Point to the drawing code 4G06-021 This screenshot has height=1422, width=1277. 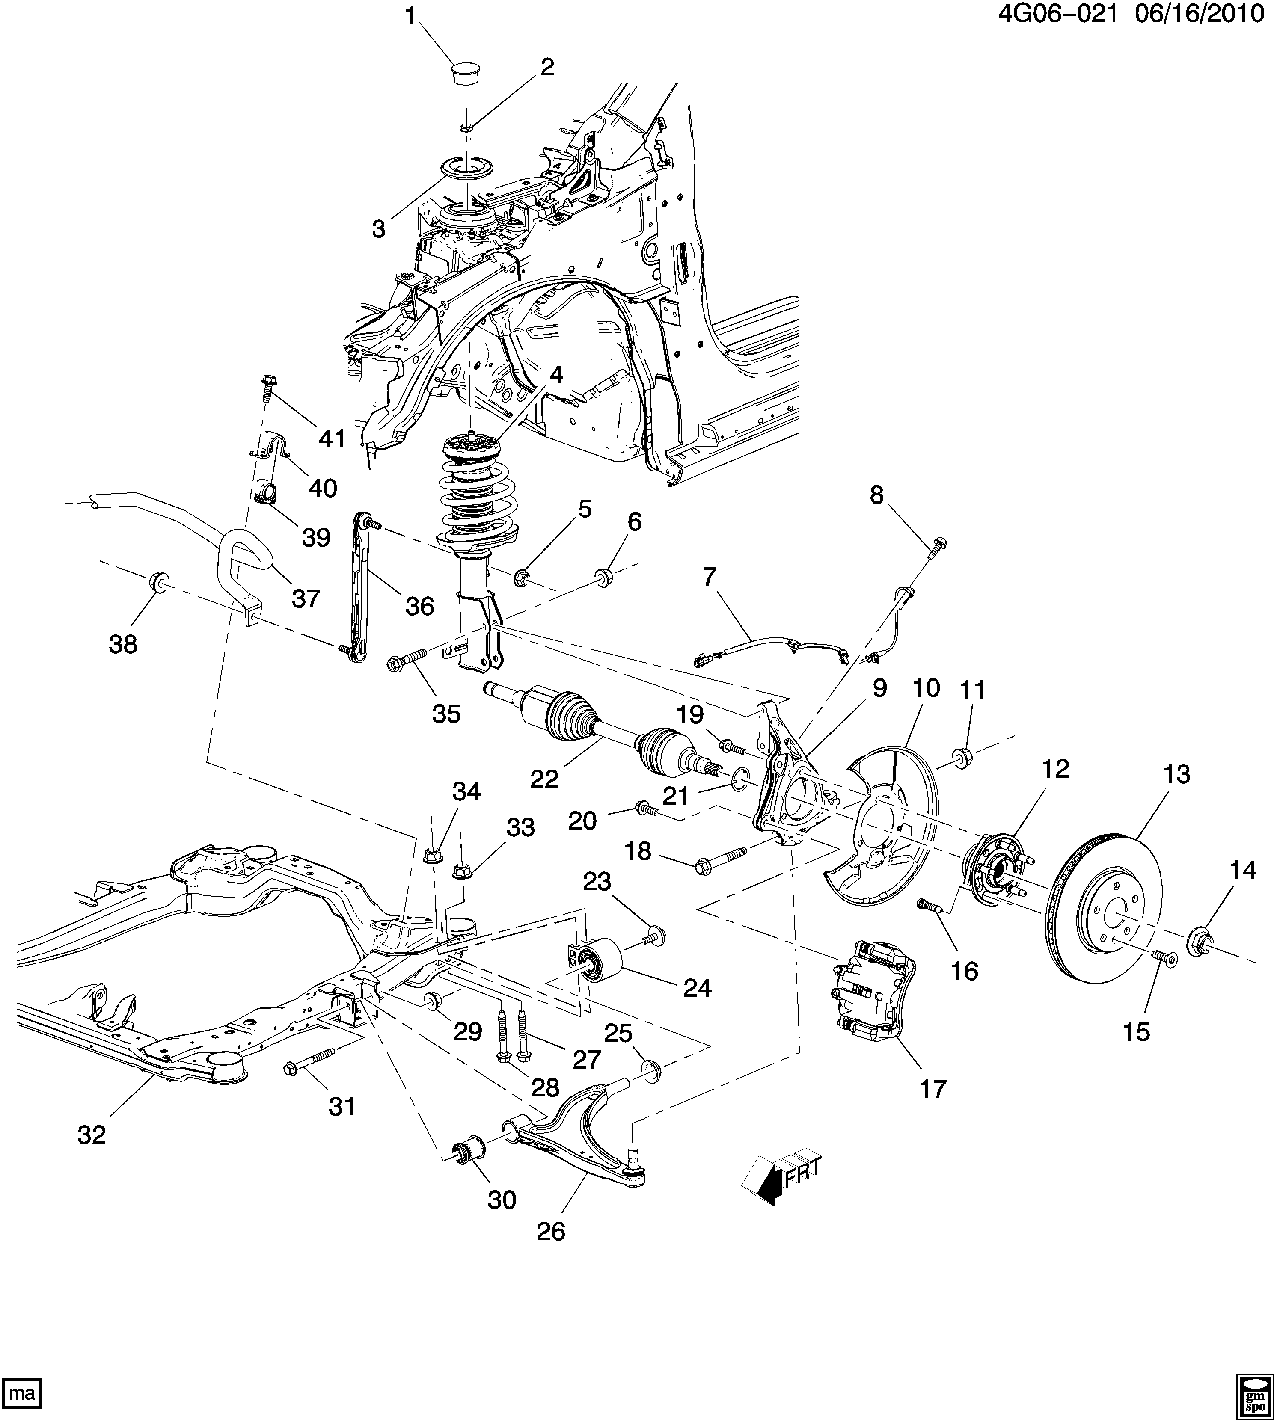coord(1058,14)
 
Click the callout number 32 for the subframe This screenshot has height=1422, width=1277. coord(91,1135)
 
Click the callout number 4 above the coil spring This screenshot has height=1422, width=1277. coord(556,375)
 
